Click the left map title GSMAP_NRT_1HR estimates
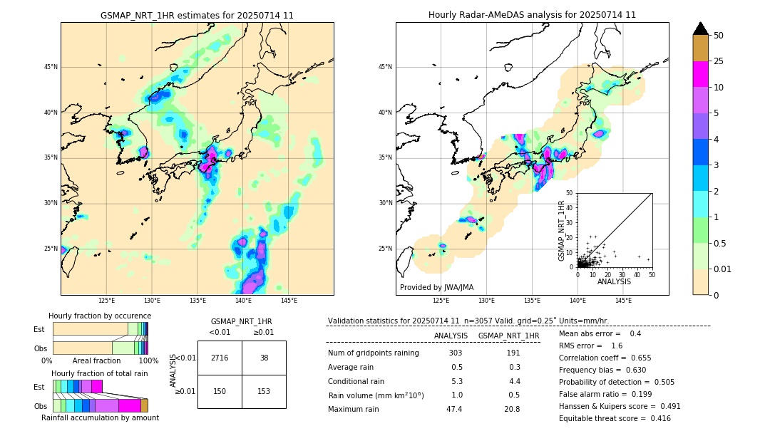pos(197,15)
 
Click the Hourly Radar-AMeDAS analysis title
pos(532,15)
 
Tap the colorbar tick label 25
pos(719,61)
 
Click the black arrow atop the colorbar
pos(701,28)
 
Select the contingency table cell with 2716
pos(220,358)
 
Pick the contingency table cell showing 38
pos(264,358)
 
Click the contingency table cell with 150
pos(220,391)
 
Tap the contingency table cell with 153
pos(264,391)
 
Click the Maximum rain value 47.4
pos(454,409)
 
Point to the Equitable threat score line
pos(615,418)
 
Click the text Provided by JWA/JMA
pos(436,287)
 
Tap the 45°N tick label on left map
pos(51,67)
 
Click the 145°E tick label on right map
pos(623,301)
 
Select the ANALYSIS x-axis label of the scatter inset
pos(614,281)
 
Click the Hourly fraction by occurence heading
pos(100,316)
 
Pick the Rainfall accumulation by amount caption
pos(100,417)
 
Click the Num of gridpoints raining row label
pos(374,353)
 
